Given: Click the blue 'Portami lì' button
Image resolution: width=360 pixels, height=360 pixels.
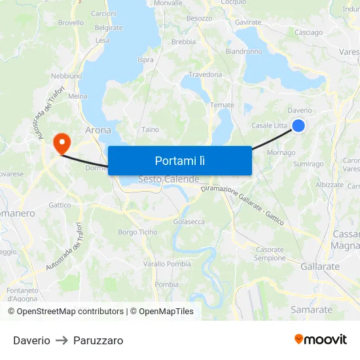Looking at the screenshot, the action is pos(179,160).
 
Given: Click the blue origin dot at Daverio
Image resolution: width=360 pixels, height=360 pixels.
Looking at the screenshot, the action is pos(298,125).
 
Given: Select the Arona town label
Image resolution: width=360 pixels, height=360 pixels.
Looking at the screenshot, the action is pos(98,130).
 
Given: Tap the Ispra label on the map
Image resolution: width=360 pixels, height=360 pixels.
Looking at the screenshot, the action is pos(145,60).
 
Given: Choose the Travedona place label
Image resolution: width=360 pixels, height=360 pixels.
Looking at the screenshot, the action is pos(206,75).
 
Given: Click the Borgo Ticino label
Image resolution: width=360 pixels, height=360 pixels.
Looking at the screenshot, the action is pos(137,232).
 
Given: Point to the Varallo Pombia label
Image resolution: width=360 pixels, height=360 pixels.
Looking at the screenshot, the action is pos(167,264).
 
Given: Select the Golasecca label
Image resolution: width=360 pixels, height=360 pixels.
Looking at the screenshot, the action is pos(189,222).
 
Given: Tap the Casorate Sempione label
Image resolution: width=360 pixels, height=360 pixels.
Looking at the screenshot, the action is pos(270,254).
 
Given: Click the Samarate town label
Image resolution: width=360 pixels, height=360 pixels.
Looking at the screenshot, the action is pos(313,310).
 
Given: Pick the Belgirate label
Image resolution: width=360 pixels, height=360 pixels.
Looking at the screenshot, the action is pos(109,27).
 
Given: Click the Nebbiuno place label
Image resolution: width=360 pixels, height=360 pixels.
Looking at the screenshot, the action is pos(67,76).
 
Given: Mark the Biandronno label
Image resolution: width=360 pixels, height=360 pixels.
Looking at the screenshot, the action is pos(243,51).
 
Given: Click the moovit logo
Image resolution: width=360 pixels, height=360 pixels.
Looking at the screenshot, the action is pos(320,339).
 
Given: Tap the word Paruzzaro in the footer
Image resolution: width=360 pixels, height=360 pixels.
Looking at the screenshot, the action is pos(98,340).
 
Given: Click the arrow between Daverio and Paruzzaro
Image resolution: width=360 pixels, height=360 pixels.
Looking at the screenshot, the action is pos(62,340).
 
